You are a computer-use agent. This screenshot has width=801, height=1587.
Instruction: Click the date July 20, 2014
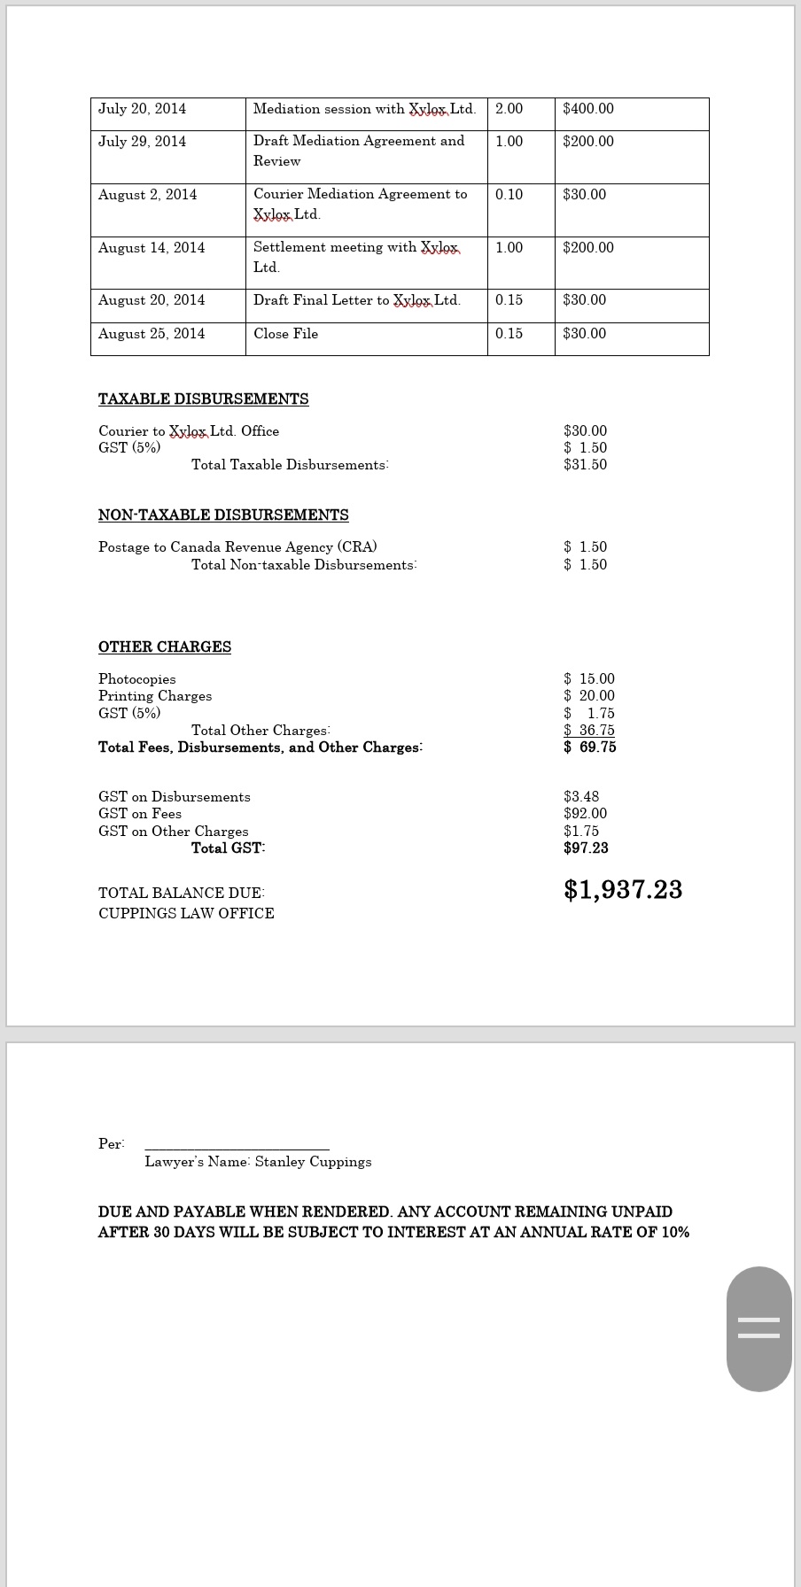pos(142,109)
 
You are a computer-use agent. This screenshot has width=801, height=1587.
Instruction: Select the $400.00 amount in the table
pos(588,109)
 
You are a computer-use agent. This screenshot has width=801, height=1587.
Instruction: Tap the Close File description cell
pos(285,334)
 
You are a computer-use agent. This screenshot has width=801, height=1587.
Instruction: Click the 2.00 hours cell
pos(509,109)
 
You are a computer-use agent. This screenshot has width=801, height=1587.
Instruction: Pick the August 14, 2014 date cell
pos(152,248)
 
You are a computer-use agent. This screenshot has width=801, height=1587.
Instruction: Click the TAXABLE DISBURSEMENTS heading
pos(203,399)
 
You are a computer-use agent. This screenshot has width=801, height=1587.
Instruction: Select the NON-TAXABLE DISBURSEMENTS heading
pos(223,515)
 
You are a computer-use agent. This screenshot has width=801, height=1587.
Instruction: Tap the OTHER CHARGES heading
pos(165,647)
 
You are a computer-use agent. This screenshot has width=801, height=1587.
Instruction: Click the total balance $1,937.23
pos(623,890)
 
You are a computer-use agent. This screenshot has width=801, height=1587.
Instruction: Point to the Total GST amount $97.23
pos(586,848)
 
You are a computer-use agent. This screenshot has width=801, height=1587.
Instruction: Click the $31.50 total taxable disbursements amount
pos(585,465)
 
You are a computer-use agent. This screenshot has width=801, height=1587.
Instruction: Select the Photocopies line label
pos(137,679)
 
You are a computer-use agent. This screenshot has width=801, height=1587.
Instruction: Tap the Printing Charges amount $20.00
pos(589,696)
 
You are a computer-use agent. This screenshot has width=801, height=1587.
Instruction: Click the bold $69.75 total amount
pos(589,747)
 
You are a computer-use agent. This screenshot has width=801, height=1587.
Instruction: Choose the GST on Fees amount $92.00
pos(585,814)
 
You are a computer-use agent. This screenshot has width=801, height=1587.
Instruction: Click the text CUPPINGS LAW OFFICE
pos(186,914)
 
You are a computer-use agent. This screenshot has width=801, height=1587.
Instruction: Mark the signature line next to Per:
pos(237,1148)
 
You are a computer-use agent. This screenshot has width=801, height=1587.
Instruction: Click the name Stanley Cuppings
pos(313,1162)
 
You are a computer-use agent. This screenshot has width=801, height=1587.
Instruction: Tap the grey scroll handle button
pos(758,1328)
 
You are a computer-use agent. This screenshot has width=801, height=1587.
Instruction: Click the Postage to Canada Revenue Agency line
pos(237,547)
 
